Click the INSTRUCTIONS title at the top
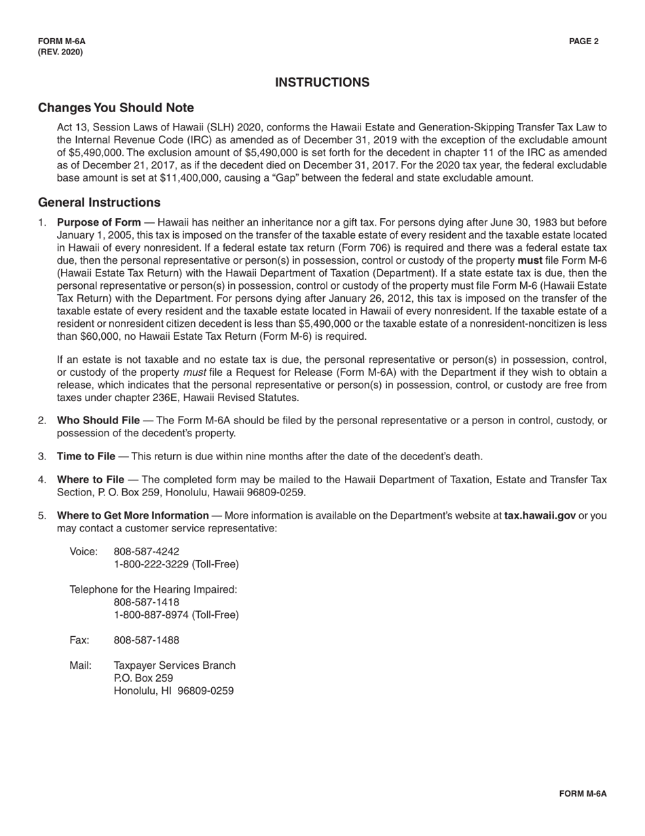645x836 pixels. point(322,82)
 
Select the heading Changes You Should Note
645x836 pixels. point(116,108)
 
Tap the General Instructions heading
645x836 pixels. point(99,203)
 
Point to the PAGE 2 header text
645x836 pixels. point(584,41)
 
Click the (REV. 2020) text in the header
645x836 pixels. point(60,52)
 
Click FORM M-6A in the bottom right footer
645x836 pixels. point(583,794)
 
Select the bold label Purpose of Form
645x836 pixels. point(99,222)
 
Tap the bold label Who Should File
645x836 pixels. point(100,421)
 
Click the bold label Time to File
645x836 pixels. point(86,456)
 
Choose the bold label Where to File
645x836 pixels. point(90,480)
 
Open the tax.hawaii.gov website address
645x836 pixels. point(540,515)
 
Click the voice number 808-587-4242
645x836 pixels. point(137,551)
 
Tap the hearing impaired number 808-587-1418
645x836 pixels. point(147,602)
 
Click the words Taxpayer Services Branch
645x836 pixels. point(174,665)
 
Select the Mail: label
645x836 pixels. point(80,665)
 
